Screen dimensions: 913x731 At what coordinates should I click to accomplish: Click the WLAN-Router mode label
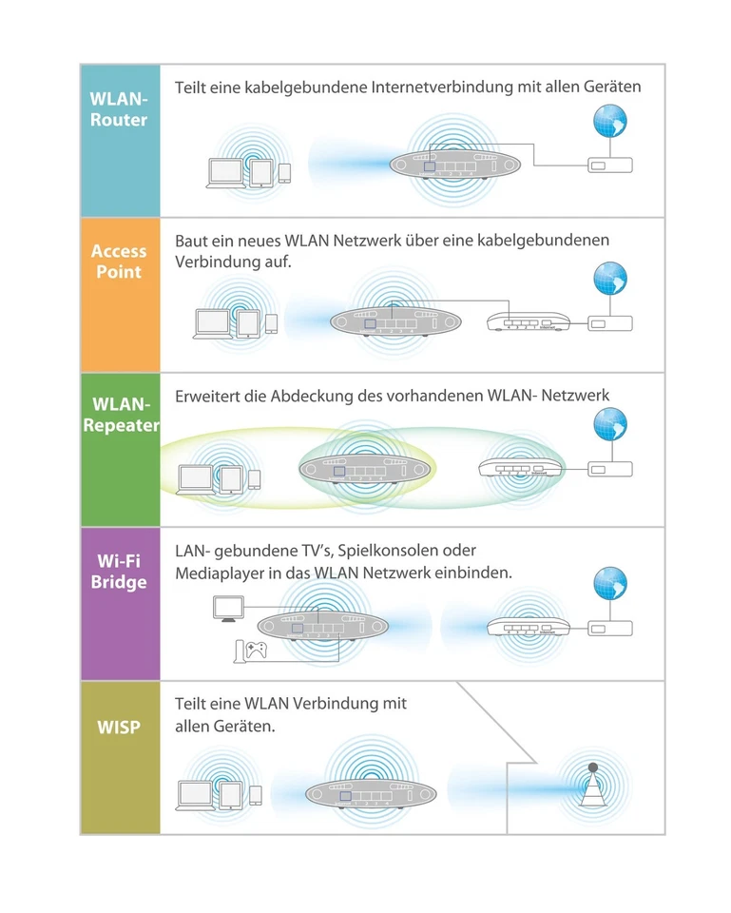click(x=119, y=109)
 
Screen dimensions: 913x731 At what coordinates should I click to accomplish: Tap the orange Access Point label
click(x=119, y=262)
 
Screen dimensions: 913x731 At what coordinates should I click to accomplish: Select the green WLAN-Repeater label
click(x=120, y=416)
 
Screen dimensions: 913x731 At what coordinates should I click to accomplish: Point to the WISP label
click(x=119, y=728)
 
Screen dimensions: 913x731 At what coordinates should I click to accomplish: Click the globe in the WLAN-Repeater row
click(x=609, y=424)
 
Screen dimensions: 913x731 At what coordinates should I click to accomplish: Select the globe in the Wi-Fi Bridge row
click(x=609, y=583)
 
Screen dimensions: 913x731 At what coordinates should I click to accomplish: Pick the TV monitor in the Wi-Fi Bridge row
click(x=228, y=608)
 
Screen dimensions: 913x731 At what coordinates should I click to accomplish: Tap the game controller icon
click(x=256, y=651)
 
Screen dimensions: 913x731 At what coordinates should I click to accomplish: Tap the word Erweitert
click(x=207, y=395)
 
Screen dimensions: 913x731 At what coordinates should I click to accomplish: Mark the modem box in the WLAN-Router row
click(x=608, y=165)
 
